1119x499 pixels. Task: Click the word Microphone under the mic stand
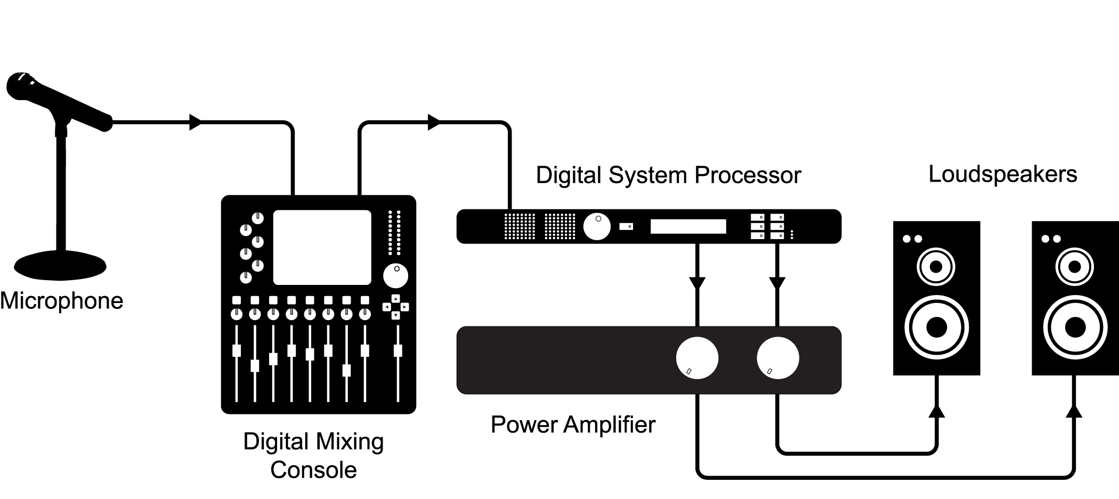(x=61, y=301)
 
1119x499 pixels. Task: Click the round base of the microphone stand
(x=60, y=265)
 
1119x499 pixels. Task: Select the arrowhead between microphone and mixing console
(x=196, y=122)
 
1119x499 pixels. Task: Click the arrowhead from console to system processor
(x=434, y=122)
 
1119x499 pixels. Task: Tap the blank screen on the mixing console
(x=322, y=247)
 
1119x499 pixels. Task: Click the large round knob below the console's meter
(x=395, y=275)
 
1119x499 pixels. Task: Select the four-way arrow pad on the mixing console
(x=395, y=307)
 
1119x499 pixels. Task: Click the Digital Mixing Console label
(x=313, y=455)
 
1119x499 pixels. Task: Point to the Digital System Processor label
(x=668, y=175)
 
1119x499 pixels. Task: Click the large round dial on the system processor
(x=597, y=226)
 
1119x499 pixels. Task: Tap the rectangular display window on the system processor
(x=688, y=226)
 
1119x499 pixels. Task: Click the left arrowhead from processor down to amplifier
(x=697, y=283)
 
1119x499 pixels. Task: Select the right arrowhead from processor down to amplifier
(x=777, y=283)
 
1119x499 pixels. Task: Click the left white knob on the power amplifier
(x=697, y=358)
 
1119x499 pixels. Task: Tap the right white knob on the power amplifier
(x=777, y=358)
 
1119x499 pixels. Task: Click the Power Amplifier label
(x=573, y=425)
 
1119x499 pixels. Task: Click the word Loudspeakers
(x=1002, y=174)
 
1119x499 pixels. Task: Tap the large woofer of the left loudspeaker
(x=936, y=327)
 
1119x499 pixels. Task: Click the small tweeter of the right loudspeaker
(x=1074, y=267)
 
